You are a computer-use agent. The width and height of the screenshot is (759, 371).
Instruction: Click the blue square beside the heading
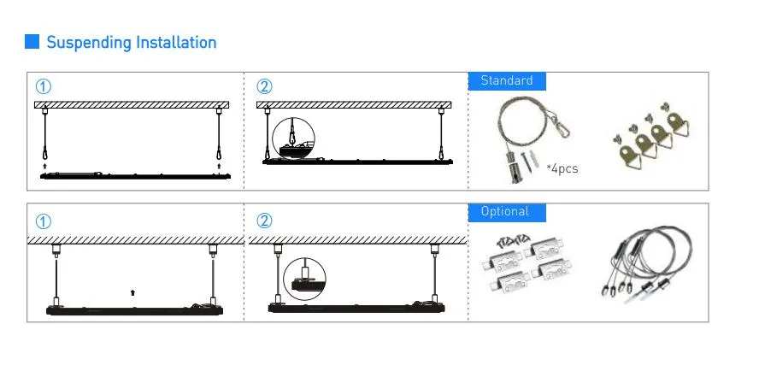click(x=32, y=42)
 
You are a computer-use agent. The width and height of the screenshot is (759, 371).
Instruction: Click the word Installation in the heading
click(x=176, y=42)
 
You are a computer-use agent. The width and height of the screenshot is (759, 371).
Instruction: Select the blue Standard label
click(x=507, y=81)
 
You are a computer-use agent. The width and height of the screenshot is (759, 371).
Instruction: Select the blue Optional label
click(x=507, y=212)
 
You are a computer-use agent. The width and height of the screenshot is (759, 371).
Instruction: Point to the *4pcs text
click(x=562, y=169)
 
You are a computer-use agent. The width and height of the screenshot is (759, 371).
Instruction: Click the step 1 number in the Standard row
click(x=43, y=87)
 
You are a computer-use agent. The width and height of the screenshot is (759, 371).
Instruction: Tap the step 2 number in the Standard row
click(x=264, y=87)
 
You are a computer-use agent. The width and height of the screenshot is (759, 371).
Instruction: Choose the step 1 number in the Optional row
click(x=43, y=222)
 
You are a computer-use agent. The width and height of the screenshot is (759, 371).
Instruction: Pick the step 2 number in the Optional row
click(x=264, y=221)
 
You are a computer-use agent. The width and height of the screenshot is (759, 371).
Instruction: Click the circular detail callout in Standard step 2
click(x=293, y=138)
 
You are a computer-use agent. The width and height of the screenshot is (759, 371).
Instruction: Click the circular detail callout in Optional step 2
click(x=304, y=279)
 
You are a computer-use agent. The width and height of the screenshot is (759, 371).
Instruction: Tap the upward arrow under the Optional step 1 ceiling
click(x=133, y=292)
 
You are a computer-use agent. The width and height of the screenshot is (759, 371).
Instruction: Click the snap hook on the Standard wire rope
click(x=562, y=128)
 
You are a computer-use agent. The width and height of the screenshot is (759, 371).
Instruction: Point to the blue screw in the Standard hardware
click(x=526, y=162)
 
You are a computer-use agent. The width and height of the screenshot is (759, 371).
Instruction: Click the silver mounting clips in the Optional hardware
click(x=527, y=264)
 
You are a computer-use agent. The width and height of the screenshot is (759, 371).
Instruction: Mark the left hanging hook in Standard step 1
click(x=45, y=153)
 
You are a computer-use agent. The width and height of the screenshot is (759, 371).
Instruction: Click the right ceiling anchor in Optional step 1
click(x=213, y=250)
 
